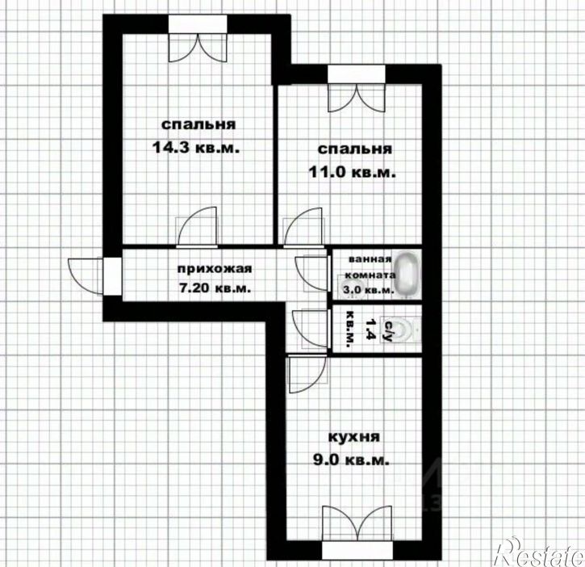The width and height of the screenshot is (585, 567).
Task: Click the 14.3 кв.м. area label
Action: coord(195,148)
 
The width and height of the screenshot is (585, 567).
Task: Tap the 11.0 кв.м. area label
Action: coord(352,173)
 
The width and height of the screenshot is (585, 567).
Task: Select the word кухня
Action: coord(353,437)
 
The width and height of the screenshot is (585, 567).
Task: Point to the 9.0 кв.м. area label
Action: coord(352,460)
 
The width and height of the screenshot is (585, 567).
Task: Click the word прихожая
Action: coord(214,269)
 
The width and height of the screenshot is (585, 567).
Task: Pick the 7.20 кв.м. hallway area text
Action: coord(214,288)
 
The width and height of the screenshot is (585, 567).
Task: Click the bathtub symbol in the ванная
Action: coord(406,275)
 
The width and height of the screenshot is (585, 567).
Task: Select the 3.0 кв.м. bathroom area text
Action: coord(367,291)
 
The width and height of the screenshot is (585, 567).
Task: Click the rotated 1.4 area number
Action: coord(370,329)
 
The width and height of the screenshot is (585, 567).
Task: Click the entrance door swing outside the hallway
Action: coord(85,276)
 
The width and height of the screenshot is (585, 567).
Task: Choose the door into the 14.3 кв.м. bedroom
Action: coord(197,227)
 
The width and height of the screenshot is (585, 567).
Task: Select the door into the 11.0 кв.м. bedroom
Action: coord(303,228)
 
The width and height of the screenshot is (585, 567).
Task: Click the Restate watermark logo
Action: coord(538,552)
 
